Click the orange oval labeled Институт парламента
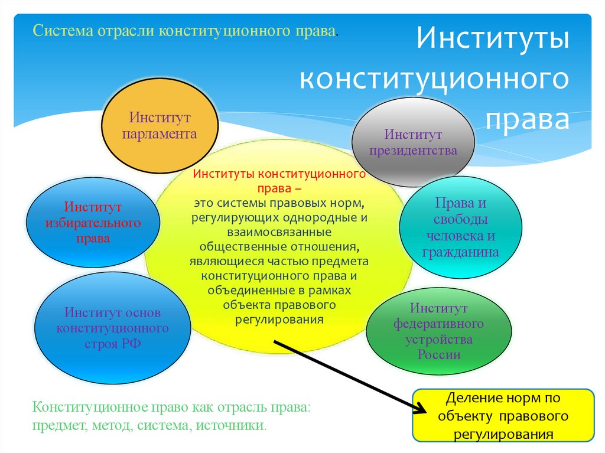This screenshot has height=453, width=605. coord(160,125)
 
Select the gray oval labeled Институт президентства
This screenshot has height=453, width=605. coord(413,142)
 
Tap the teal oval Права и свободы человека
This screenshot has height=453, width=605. coord(460,227)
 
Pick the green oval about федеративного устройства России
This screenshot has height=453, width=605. coord(438,331)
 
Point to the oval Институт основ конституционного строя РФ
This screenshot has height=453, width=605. coord(112,328)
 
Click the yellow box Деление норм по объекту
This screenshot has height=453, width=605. coord(503,416)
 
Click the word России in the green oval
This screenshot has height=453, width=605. coord(438,355)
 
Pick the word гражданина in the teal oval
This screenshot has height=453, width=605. coord(460,252)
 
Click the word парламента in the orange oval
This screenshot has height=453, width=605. coord(160,133)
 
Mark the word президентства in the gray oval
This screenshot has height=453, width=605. coord(413,150)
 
